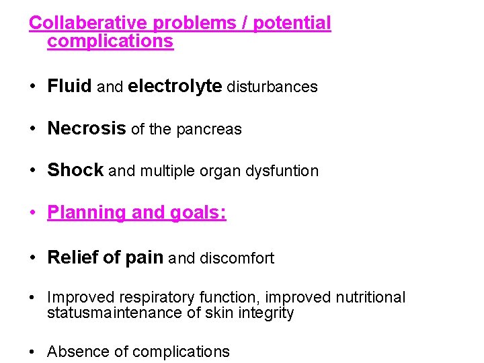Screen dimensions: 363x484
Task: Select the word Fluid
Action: [x=70, y=87]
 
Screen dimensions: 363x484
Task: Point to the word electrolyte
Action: [x=175, y=87]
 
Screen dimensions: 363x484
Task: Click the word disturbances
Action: [x=272, y=87]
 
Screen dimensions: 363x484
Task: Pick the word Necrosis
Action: [x=87, y=129]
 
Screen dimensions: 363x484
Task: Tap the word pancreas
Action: [x=208, y=130]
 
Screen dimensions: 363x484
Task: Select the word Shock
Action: [x=75, y=171]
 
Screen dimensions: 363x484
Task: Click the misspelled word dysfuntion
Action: [x=284, y=171]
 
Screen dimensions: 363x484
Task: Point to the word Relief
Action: [x=71, y=257]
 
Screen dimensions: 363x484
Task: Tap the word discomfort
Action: [x=236, y=258]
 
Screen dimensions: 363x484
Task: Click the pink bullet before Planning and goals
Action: [x=32, y=214]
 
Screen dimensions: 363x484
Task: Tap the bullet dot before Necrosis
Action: [x=32, y=129]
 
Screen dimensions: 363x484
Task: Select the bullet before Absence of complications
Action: [x=32, y=352]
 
